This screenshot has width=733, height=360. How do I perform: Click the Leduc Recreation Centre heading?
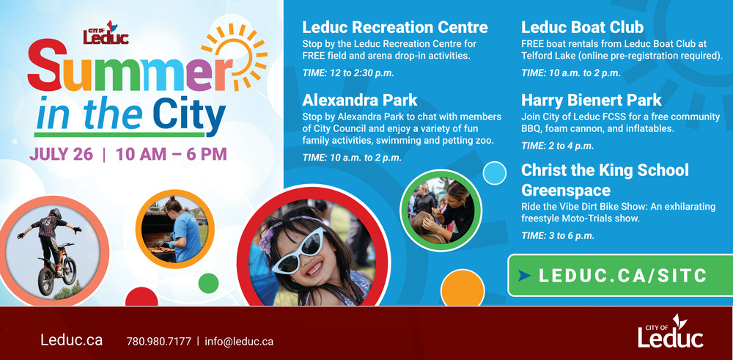(395, 28)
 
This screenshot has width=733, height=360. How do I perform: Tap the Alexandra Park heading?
(359, 100)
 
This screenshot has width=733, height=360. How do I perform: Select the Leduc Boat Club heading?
(582, 28)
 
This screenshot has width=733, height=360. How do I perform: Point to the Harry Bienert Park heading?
(592, 100)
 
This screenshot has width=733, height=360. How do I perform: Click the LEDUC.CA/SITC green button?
(620, 276)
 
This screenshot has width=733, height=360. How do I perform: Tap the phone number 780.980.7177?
(159, 341)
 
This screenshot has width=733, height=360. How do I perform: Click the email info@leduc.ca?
(239, 341)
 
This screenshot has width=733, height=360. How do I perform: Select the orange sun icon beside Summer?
(235, 56)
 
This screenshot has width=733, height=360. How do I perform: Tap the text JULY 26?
(62, 154)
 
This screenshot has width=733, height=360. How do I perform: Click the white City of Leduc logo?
(671, 331)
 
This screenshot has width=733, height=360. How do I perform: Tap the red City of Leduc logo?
(106, 33)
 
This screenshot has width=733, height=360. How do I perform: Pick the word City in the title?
(189, 114)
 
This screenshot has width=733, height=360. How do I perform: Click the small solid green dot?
(208, 283)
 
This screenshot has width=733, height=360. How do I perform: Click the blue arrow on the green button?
(525, 276)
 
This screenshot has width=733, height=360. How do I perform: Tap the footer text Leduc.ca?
(72, 340)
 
